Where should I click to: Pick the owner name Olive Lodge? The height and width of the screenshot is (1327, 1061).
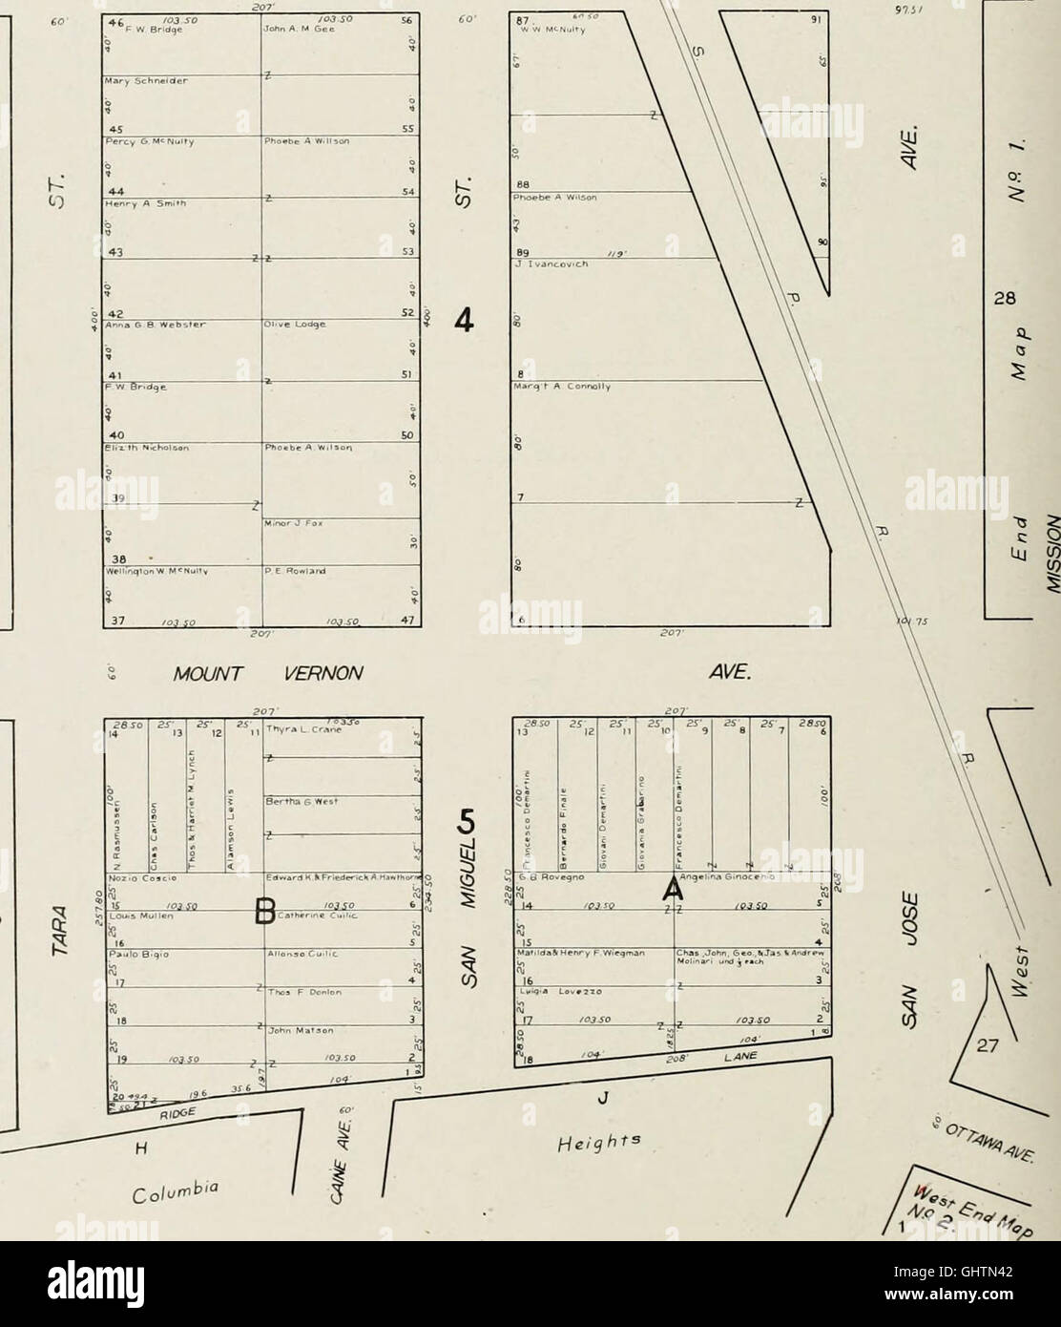(x=292, y=325)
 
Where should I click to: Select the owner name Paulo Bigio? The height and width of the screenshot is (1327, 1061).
(x=129, y=953)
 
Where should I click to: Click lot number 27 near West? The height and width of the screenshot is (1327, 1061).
(x=985, y=1045)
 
